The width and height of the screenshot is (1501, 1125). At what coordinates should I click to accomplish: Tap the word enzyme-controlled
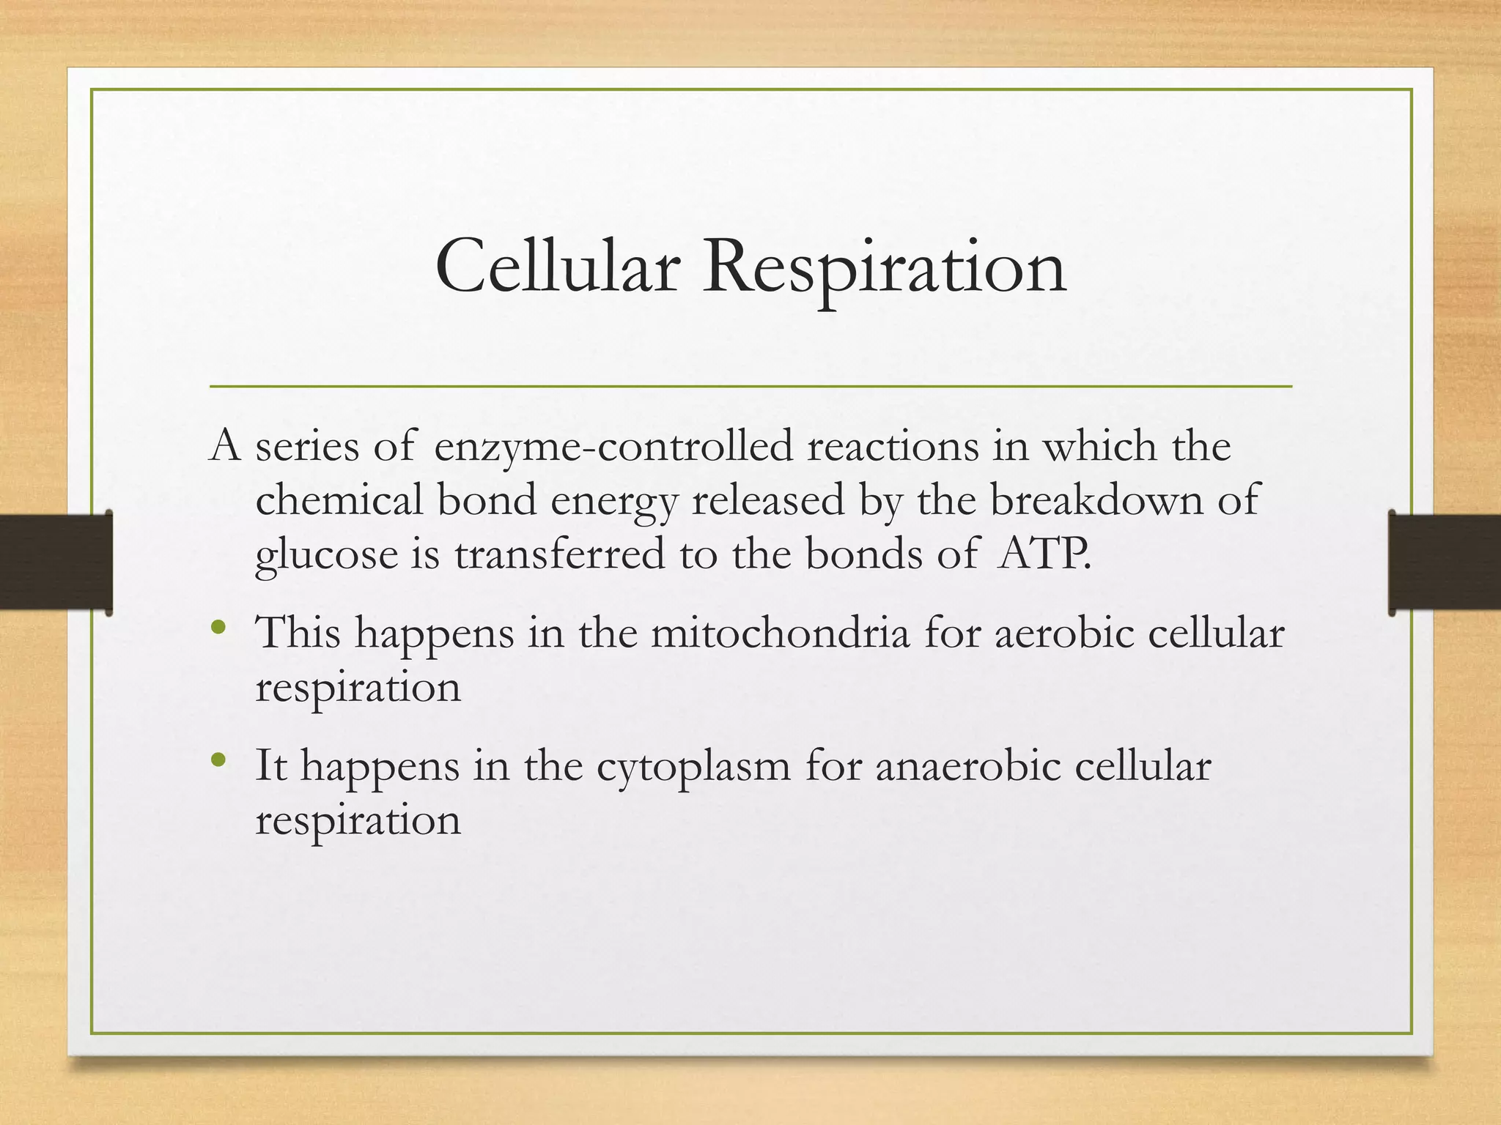coord(613,447)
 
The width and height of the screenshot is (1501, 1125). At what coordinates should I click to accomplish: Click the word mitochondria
coord(780,633)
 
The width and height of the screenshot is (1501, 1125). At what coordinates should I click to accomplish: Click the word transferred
coord(559,554)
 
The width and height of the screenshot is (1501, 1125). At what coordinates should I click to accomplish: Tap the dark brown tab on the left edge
coord(55,562)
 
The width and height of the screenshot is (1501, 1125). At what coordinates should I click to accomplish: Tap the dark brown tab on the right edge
coord(1444,562)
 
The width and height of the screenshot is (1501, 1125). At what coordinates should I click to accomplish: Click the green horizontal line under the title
coord(750,386)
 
